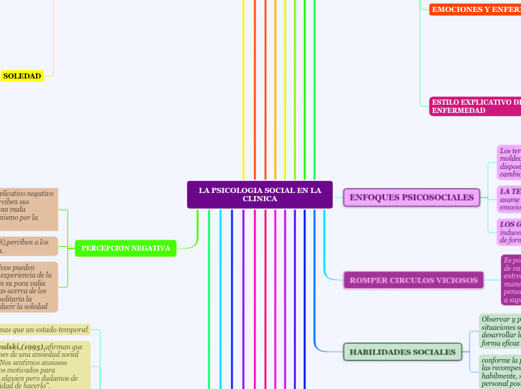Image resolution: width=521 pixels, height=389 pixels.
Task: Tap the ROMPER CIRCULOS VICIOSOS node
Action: tap(413, 281)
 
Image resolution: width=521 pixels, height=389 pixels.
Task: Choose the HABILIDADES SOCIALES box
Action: tap(402, 352)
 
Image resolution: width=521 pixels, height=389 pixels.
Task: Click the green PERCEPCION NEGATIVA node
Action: tap(126, 248)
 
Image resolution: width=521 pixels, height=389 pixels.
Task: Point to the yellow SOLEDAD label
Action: tap(22, 76)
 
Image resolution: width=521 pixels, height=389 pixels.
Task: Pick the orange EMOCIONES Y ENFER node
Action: tap(475, 9)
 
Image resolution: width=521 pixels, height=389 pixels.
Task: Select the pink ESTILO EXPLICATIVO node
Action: tap(475, 106)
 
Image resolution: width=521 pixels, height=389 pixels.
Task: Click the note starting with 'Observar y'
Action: tap(500, 329)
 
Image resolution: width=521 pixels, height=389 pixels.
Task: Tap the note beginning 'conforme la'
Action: tap(500, 373)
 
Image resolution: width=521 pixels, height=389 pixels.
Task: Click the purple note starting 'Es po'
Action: tap(511, 280)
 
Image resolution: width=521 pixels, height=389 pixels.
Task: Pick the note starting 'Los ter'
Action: tap(509, 162)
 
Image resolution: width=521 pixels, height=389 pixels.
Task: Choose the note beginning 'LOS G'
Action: tap(509, 232)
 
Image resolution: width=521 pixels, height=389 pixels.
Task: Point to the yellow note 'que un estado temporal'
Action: tap(44, 330)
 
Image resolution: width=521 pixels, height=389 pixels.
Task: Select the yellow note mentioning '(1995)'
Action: tap(44, 367)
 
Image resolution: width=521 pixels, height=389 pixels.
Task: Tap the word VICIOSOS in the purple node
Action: tap(451, 281)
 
